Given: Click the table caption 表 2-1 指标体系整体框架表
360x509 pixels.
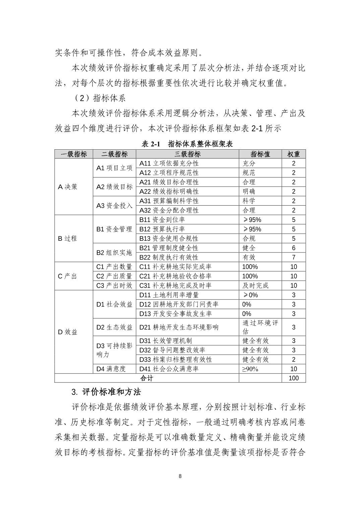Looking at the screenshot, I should click(187, 144).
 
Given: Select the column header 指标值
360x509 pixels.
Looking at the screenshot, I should click(260, 154).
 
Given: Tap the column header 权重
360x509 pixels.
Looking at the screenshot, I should click(294, 154).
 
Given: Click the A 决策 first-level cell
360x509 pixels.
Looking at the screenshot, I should click(68, 187).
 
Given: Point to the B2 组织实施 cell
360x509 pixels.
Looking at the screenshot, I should click(114, 252).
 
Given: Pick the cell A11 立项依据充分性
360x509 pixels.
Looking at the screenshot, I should click(169, 163).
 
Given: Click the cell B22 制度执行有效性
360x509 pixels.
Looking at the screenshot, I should click(169, 257).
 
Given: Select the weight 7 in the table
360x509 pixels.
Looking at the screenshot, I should click(294, 257).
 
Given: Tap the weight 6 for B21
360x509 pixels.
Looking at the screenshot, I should click(294, 248).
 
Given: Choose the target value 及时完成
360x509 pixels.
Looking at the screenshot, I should click(255, 285).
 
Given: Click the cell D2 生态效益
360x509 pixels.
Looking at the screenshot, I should click(114, 327).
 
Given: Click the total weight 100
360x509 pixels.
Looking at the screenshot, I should click(294, 378).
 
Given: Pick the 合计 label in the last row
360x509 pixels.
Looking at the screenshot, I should click(146, 378).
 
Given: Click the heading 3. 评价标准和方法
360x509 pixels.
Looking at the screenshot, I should click(106, 392).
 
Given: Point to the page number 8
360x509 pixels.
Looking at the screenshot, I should click(180, 476).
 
